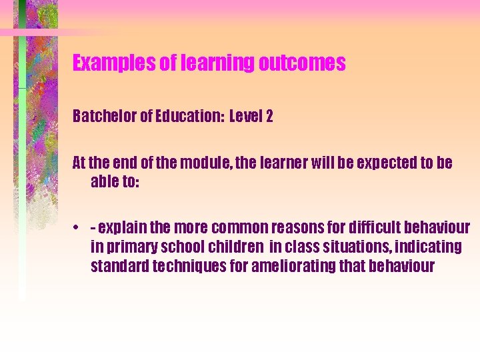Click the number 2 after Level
(x=269, y=117)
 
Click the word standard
(x=119, y=267)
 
